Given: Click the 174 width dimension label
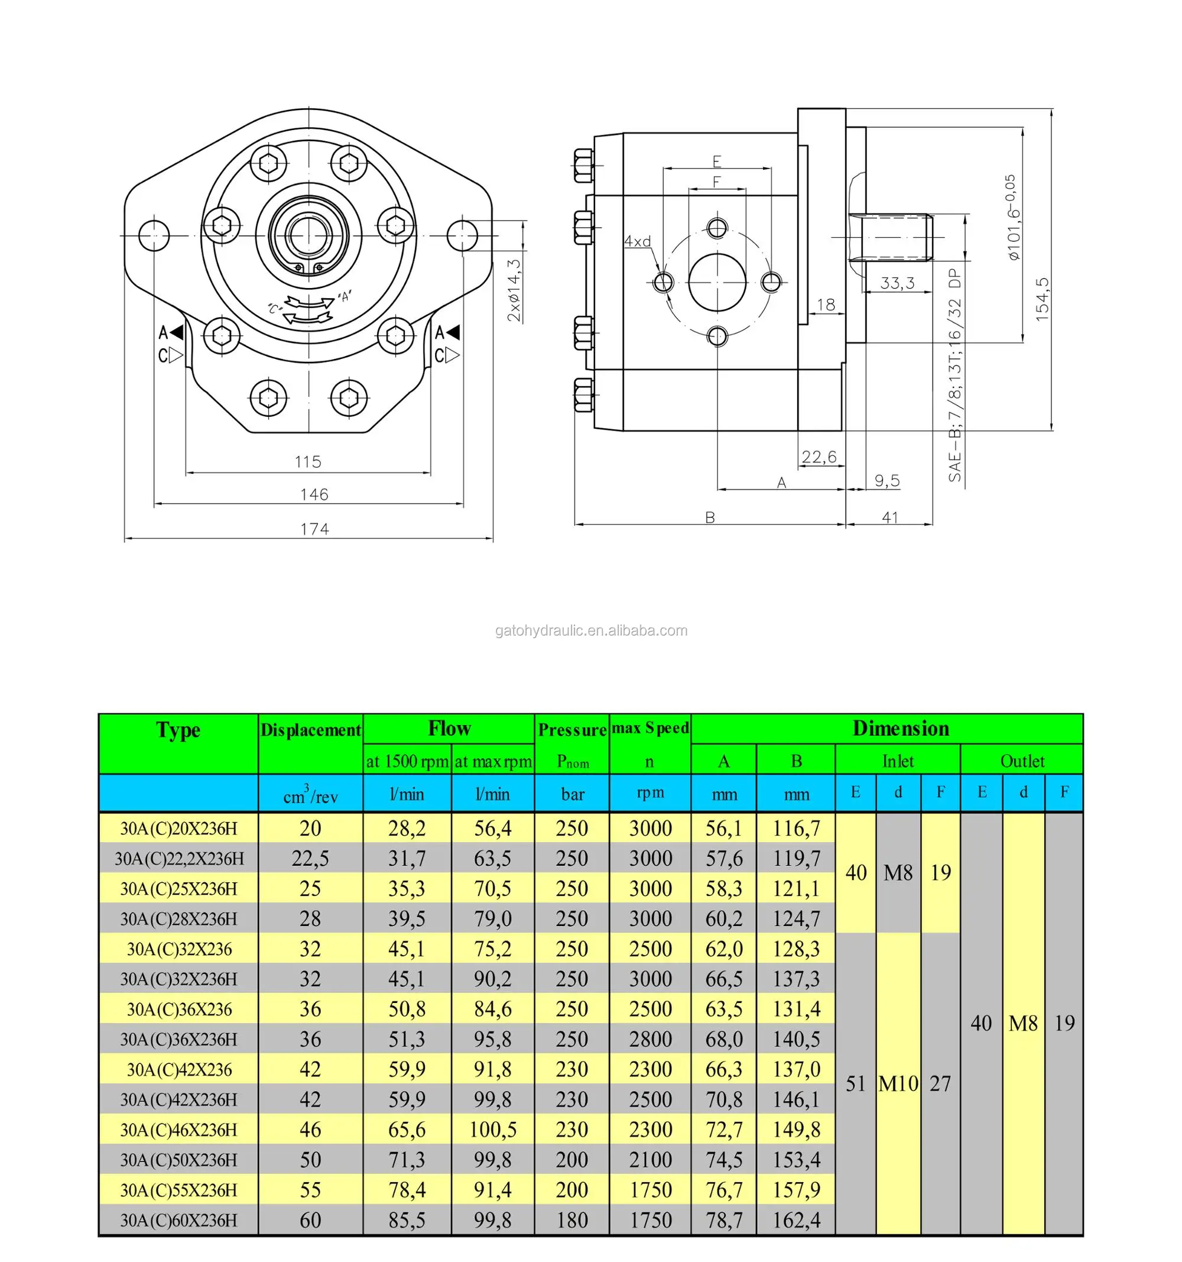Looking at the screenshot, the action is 314,529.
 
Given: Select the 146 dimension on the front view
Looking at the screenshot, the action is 314,494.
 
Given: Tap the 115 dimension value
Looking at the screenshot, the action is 309,461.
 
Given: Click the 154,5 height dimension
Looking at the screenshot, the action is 1042,299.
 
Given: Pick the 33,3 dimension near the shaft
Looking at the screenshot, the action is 897,283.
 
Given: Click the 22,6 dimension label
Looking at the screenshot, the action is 819,457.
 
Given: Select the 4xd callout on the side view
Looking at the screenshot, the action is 637,241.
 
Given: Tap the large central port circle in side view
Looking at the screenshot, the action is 717,282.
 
